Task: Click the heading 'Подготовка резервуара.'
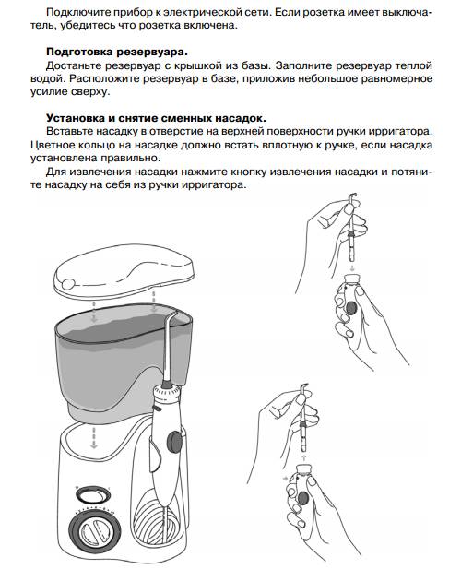pos(117,52)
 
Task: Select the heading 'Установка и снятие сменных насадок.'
pos(157,118)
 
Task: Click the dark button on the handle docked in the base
pos(174,442)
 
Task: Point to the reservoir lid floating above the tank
pos(125,270)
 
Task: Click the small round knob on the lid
pos(67,283)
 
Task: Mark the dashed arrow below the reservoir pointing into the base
pos(94,437)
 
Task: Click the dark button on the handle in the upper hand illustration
pos(351,308)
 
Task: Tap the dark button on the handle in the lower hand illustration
pos(302,498)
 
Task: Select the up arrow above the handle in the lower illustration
pos(304,456)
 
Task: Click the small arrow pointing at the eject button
pos(286,479)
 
